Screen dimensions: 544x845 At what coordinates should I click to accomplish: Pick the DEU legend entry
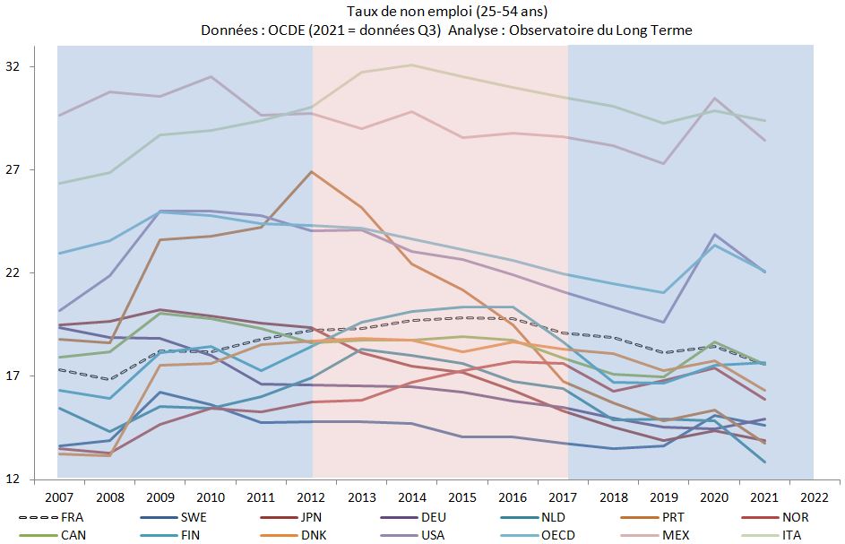click(432, 517)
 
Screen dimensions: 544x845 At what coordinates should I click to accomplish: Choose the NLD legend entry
click(553, 517)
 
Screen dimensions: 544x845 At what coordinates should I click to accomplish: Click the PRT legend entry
click(675, 517)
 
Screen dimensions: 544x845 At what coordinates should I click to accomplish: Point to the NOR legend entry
click(795, 517)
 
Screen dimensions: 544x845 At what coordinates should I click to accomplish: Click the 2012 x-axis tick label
click(313, 496)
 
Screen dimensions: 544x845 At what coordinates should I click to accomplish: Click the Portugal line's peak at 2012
click(312, 171)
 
